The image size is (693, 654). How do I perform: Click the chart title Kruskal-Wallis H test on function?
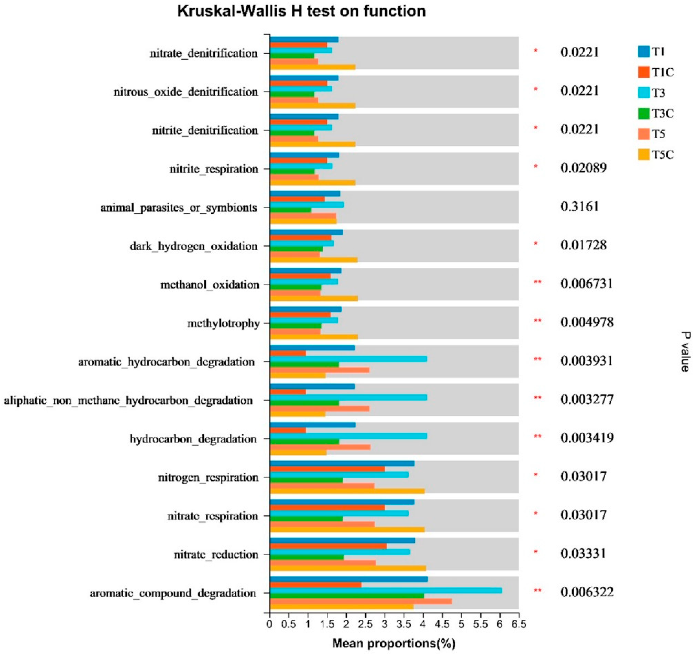301,11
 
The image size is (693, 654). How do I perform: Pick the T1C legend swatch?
644,72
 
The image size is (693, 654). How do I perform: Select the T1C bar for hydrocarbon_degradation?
288,430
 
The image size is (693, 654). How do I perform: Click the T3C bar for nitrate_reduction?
307,557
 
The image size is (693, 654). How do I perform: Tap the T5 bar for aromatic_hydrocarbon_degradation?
320,370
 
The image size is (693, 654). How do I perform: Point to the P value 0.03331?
583,554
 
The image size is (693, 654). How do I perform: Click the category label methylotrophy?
223,324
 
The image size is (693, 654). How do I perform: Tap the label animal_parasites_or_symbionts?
179,208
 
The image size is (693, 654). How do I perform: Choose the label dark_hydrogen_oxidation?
193,247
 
